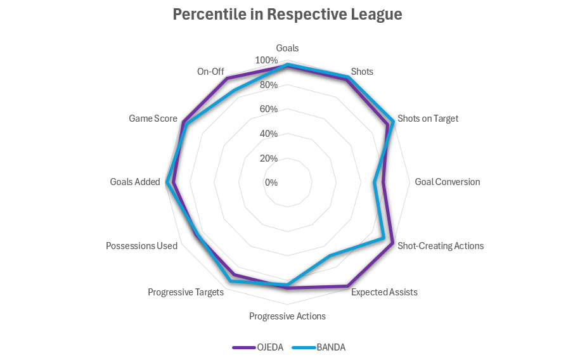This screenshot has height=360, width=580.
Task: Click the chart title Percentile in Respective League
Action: [x=287, y=15]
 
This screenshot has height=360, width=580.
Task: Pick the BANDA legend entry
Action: [x=331, y=347]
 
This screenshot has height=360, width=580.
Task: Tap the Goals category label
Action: [x=287, y=48]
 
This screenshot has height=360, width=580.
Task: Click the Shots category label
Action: [x=362, y=72]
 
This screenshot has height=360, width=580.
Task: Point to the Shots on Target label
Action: [x=427, y=119]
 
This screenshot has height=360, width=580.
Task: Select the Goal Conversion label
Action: [x=447, y=182]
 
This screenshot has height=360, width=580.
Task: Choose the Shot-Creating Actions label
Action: [x=440, y=246]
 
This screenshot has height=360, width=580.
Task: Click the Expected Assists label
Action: [x=384, y=292]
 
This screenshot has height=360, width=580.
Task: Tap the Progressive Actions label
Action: [x=287, y=316]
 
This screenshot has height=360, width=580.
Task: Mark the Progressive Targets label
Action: [x=186, y=292]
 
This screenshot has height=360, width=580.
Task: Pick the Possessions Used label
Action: [x=141, y=246]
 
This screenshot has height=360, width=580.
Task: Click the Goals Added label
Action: [x=135, y=182]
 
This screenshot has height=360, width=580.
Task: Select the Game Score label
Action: [x=153, y=119]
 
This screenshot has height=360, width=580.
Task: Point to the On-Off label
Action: [x=210, y=72]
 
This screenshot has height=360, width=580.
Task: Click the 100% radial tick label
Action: [x=266, y=60]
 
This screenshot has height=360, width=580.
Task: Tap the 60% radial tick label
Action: [x=269, y=109]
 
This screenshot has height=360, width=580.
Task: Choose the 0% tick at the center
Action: [x=271, y=183]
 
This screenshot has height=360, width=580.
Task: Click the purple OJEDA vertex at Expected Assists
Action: [x=347, y=286]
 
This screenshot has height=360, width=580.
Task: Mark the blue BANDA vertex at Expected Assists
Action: [x=329, y=256]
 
